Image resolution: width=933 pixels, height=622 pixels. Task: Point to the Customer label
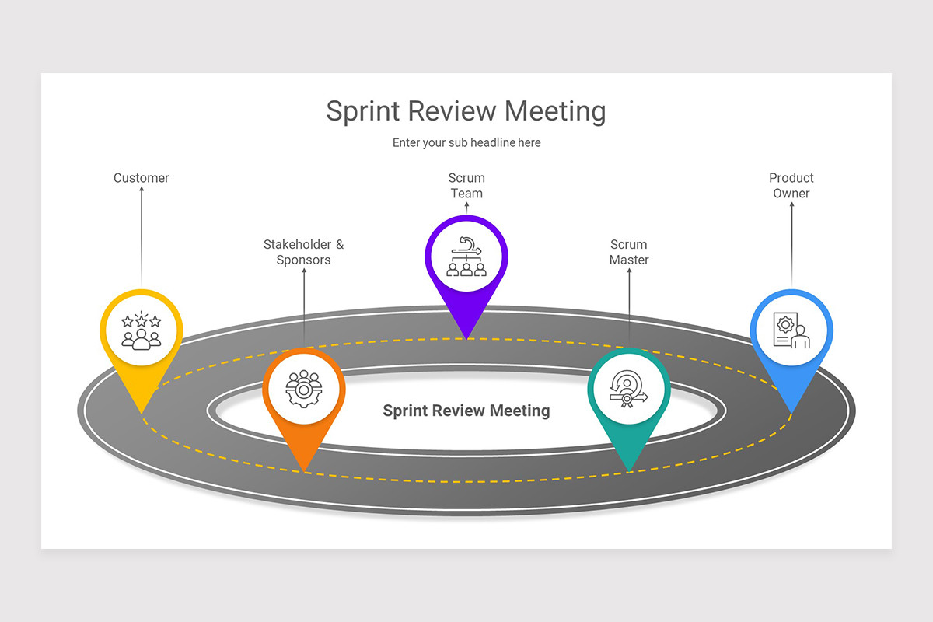[x=142, y=178]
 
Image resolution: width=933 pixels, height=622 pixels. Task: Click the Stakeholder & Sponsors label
[x=303, y=252]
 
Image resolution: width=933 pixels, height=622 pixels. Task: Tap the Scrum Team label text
[x=466, y=186]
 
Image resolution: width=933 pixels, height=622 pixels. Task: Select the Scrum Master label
[x=629, y=252]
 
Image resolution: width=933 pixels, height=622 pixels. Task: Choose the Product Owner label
[x=791, y=186]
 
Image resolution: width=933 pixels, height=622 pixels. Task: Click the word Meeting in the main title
[x=555, y=111]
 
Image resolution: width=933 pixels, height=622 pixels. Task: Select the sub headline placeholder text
[x=466, y=143]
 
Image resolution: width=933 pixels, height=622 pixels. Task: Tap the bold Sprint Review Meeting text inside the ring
[x=466, y=411]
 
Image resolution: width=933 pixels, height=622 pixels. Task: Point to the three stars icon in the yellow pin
[x=142, y=321]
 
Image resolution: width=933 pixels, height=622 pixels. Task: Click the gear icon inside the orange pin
[x=303, y=387]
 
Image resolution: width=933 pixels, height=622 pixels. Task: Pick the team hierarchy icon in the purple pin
[x=466, y=257]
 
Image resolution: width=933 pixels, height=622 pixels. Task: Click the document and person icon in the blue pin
[x=791, y=330]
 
